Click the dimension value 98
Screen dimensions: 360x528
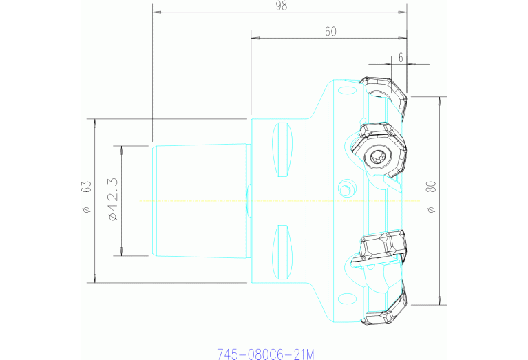(x=280, y=6)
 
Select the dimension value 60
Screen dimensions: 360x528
(x=330, y=31)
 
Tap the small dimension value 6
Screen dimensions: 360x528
(x=401, y=58)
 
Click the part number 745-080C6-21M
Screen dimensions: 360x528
(x=265, y=354)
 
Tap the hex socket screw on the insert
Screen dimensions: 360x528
(x=378, y=157)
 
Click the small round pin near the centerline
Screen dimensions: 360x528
(x=346, y=188)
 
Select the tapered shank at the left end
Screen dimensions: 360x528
(x=199, y=200)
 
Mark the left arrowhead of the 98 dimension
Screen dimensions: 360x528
(x=156, y=12)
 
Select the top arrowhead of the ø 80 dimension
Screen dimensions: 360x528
(x=440, y=100)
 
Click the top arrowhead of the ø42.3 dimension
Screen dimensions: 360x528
(x=122, y=149)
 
